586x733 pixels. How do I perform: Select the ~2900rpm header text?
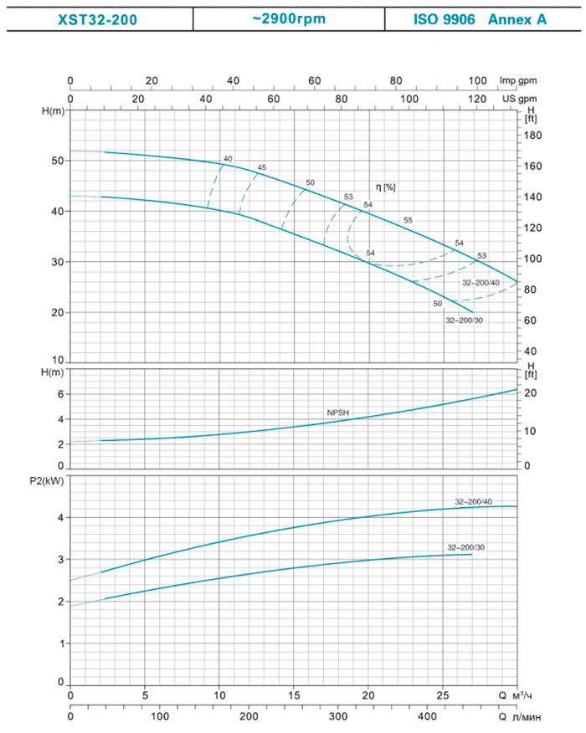pyautogui.click(x=288, y=18)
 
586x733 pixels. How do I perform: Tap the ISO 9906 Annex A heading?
pyautogui.click(x=480, y=18)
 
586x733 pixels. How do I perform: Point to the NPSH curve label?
pyautogui.click(x=337, y=413)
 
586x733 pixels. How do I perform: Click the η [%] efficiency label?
pyautogui.click(x=386, y=186)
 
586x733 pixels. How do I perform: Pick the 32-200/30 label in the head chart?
pyautogui.click(x=465, y=320)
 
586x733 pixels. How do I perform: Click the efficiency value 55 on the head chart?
pyautogui.click(x=408, y=220)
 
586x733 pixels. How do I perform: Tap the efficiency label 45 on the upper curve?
pyautogui.click(x=262, y=168)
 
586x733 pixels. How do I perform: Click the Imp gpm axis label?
pyautogui.click(x=517, y=80)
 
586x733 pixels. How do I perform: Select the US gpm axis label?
pyautogui.click(x=519, y=98)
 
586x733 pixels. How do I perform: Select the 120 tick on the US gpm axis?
pyautogui.click(x=476, y=98)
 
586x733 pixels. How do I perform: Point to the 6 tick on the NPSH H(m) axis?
pyautogui.click(x=60, y=393)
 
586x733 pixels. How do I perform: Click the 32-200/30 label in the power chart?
pyautogui.click(x=465, y=546)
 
